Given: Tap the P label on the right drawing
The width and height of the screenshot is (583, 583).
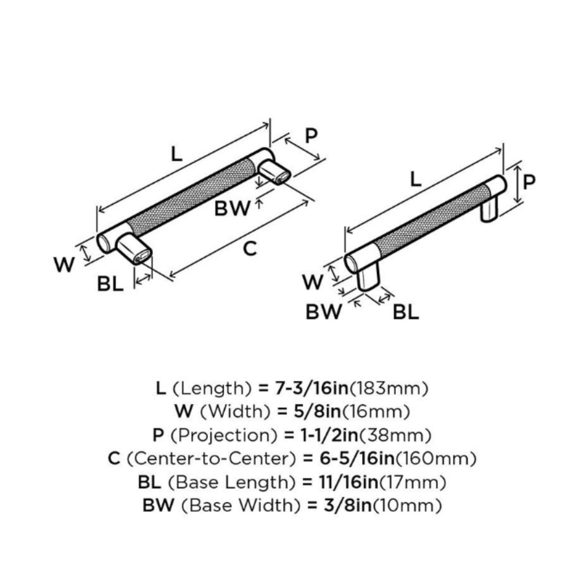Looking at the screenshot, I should click(x=529, y=182).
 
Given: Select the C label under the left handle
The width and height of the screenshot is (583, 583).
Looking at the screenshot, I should click(x=250, y=247).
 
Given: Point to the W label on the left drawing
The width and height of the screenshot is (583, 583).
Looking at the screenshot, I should click(x=63, y=264).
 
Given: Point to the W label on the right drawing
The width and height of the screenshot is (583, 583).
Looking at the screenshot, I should click(x=313, y=282).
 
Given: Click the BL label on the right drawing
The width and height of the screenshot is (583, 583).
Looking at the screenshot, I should click(x=406, y=313).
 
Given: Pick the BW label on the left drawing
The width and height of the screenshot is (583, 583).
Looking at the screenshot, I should click(x=233, y=209).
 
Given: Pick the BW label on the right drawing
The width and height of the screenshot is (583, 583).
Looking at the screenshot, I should click(x=324, y=313).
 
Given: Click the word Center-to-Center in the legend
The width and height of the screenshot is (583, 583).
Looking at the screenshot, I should click(x=213, y=459).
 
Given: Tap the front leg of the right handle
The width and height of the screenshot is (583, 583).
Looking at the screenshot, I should click(x=368, y=277).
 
